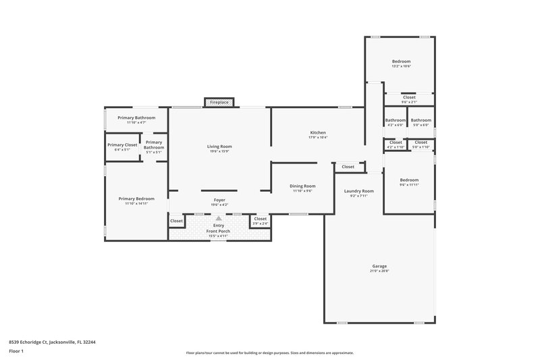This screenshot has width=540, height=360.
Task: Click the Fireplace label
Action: point(219,102)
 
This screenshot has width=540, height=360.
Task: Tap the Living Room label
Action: point(219,147)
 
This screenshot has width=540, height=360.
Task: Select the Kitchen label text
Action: point(318,132)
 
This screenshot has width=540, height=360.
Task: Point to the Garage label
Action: point(379,266)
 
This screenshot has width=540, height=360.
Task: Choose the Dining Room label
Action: point(302,186)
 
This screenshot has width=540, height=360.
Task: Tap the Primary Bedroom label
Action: point(136,199)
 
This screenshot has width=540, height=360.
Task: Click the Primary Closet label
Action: point(122,145)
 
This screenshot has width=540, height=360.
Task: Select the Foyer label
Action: point(219,200)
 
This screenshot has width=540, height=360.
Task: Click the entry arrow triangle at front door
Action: point(219,219)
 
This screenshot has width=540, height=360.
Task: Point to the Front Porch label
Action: point(219,231)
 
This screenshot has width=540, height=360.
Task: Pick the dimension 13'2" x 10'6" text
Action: point(401,66)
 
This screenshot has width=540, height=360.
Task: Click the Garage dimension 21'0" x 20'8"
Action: point(379,272)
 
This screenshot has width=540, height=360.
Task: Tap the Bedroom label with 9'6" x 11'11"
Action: point(409,180)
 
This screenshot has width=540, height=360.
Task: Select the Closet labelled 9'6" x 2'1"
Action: point(409,97)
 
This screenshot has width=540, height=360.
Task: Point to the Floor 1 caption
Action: point(16,351)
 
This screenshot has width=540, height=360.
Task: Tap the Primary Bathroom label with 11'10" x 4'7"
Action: point(136,118)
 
